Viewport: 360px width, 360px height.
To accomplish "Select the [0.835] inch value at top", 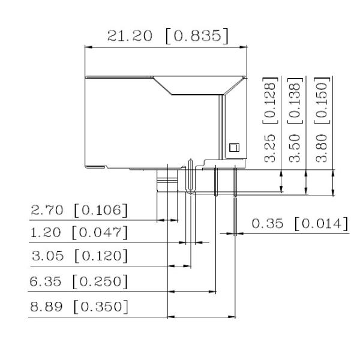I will (197, 36).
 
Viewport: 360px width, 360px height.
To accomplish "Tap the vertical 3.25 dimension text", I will (271, 148).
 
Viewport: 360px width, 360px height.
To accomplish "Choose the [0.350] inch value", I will (100, 307).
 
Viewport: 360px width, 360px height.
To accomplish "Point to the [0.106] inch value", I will (100, 210).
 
